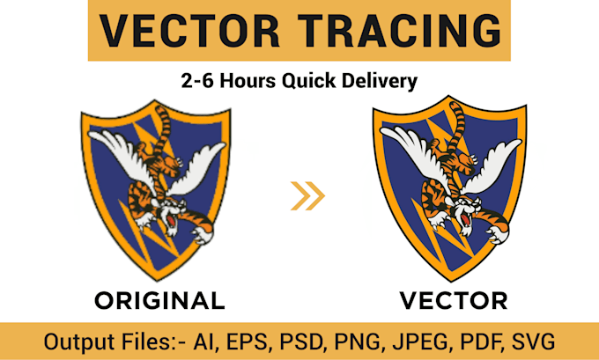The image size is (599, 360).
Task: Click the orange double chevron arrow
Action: (307, 195)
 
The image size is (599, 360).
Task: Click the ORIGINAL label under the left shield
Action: (159, 301)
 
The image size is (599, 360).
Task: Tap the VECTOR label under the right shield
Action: (453, 301)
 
